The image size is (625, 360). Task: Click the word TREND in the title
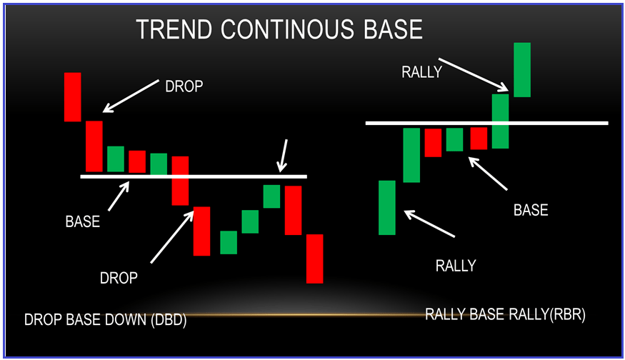174,29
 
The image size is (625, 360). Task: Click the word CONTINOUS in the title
287,29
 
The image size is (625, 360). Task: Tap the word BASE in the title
393,29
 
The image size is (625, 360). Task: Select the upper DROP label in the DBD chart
184,86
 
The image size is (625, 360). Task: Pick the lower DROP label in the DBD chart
119,278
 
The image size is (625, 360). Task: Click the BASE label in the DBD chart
83,221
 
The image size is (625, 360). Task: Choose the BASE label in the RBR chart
531,210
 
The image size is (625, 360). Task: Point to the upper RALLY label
421,72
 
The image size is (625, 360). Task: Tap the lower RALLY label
456,266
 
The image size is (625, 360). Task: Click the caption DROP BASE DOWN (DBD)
105,320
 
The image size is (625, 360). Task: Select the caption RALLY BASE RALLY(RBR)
505,314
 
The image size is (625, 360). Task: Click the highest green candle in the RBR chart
522,70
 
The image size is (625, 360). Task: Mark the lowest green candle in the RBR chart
387,208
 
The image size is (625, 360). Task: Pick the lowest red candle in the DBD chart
314,259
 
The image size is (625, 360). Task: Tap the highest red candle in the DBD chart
73,97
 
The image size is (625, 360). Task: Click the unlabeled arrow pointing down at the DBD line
284,156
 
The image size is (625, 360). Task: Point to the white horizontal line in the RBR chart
486,123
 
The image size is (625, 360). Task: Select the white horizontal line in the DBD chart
194,176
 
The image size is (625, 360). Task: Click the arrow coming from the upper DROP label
131,96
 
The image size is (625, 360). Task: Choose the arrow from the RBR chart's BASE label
487,174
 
